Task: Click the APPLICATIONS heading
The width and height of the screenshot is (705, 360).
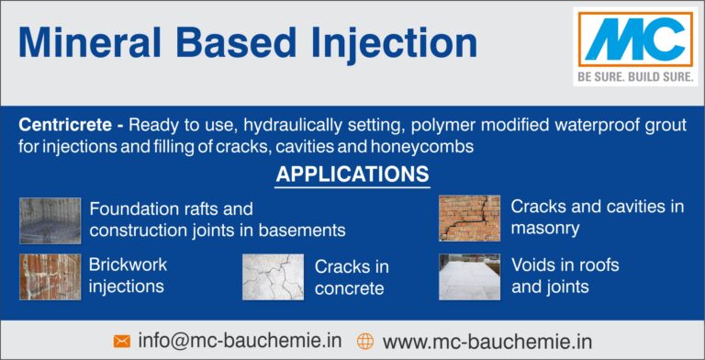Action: pos(352,174)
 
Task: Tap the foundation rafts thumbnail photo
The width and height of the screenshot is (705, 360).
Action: pos(50,220)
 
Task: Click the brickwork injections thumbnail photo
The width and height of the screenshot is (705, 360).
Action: pos(50,276)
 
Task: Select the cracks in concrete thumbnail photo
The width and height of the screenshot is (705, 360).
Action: pos(273,277)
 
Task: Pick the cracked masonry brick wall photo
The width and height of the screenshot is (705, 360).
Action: pos(468,219)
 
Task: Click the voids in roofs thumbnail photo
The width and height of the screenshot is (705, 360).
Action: pos(468,276)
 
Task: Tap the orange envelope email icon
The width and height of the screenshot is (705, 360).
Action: pos(121,341)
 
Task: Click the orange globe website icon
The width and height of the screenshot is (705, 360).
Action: pos(364,341)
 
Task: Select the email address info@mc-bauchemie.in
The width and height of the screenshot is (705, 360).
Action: pos(240,340)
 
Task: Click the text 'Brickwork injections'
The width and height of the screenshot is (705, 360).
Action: pos(128,276)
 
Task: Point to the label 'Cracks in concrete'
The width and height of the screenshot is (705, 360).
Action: pos(352,278)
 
